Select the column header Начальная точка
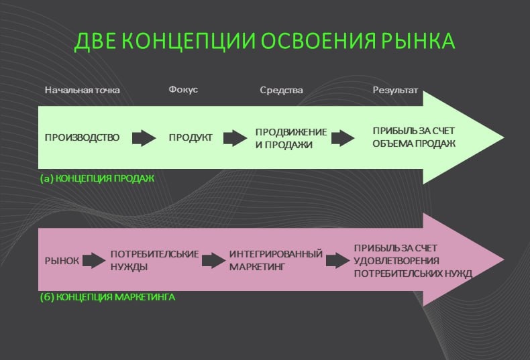coord(83,90)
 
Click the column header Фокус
coord(183,90)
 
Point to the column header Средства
coord(281,90)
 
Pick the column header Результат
coord(395,90)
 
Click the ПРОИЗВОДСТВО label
coord(82,138)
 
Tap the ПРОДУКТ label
coord(191,138)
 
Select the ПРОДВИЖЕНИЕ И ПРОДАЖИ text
coord(291,138)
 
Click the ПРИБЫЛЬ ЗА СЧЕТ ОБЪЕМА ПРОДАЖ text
coord(414,137)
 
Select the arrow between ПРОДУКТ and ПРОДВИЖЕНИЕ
coord(235,138)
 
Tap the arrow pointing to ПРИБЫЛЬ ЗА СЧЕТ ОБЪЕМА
coord(343,138)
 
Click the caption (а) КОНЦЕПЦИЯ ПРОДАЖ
coord(97,178)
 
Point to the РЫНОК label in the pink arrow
coord(62,260)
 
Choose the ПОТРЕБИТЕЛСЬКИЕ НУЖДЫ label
coord(154,260)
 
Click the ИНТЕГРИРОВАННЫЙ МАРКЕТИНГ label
coord(276,260)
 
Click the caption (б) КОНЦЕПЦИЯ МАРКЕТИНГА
coord(107,296)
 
